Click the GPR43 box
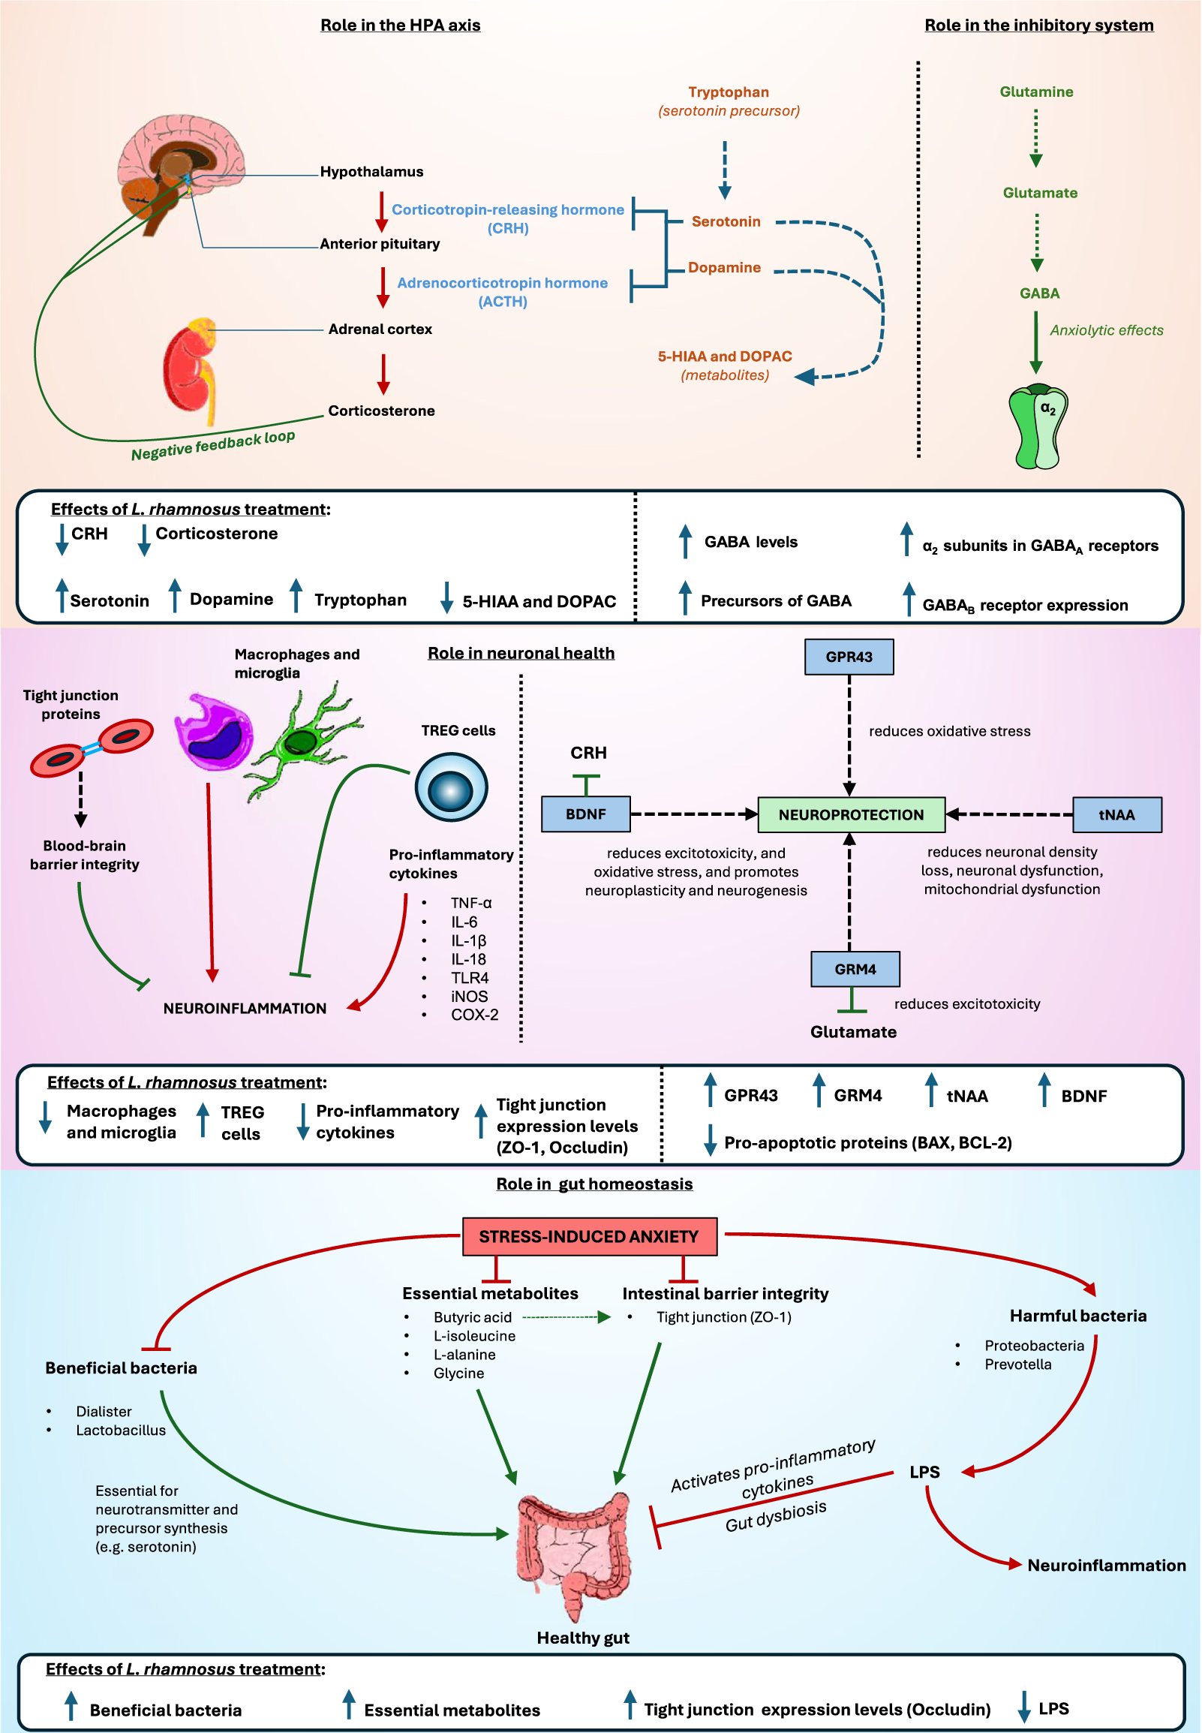(849, 657)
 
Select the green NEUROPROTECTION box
(851, 815)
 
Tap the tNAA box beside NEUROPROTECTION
(1116, 815)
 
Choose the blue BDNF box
(585, 814)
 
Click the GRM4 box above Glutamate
(855, 969)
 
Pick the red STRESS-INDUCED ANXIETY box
(589, 1237)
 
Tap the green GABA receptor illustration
(1038, 426)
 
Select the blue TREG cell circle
(451, 788)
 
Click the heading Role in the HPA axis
(400, 25)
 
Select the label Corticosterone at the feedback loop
(381, 411)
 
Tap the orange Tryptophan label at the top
(729, 92)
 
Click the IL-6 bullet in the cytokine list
(464, 922)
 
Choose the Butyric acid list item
(472, 1317)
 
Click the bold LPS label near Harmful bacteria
(924, 1473)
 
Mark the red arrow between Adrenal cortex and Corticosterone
(383, 374)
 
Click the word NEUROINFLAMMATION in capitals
(245, 1009)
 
